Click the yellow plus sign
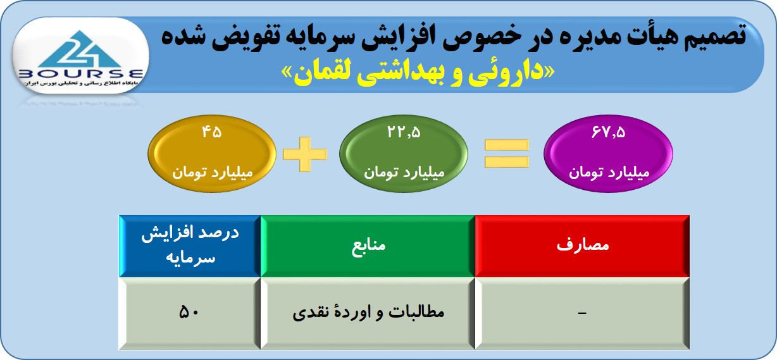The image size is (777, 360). click(305, 154)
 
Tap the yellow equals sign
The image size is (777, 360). click(506, 154)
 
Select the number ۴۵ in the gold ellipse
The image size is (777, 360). click(212, 132)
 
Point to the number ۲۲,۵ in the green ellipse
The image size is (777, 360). click(404, 132)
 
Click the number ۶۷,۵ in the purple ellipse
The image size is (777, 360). click(609, 132)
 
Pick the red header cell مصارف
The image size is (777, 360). click(582, 246)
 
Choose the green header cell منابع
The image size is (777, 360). click(368, 246)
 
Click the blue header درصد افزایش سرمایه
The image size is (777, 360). click(190, 246)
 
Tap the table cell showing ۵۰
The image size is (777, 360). click(189, 313)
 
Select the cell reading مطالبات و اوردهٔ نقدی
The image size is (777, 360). click(368, 313)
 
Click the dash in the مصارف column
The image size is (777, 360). click(582, 313)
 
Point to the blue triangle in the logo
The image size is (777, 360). click(80, 49)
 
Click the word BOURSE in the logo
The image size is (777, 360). click(80, 74)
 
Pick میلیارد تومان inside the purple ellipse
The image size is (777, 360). click(609, 172)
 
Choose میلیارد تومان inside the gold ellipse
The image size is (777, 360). click(213, 172)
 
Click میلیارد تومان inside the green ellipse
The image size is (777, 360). click(404, 172)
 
